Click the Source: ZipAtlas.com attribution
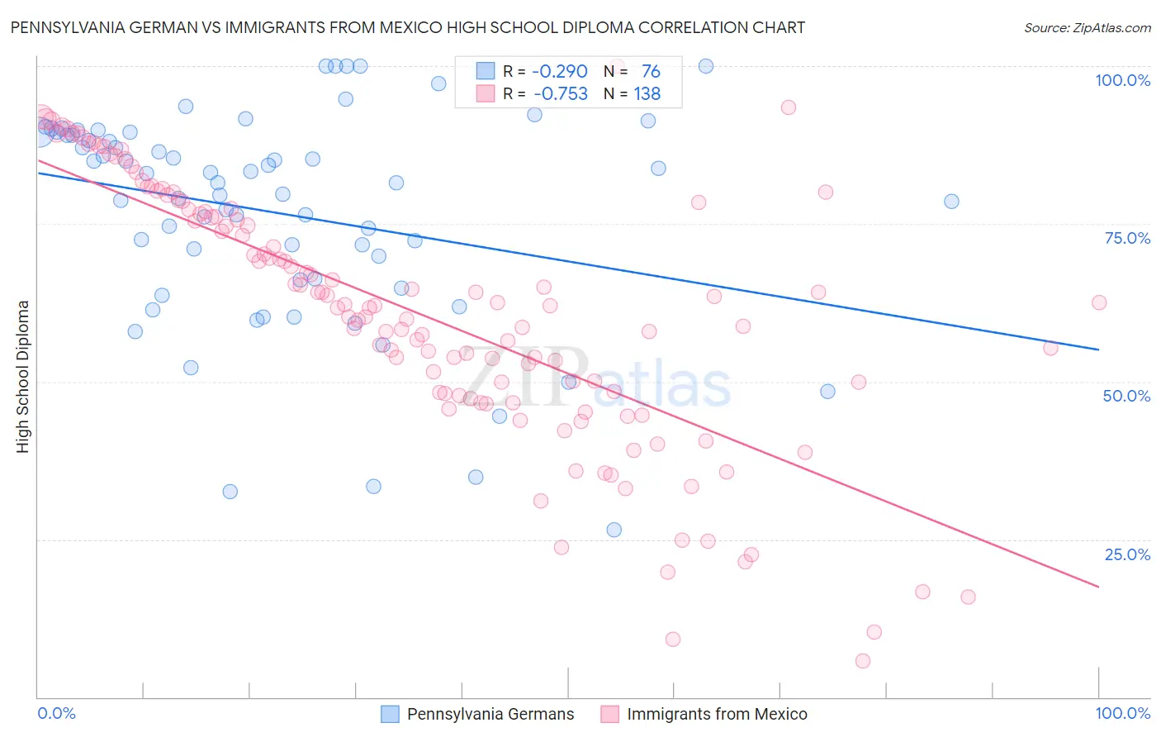pos(1087,27)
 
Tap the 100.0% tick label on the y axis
pos(1122,80)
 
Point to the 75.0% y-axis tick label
pos(1127,238)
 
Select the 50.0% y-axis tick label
pos(1126,396)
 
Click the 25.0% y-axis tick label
pos(1127,554)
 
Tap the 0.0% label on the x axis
pos(57,713)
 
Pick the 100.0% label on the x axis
pos(1122,713)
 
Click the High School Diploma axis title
pos(23,376)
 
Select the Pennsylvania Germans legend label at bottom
pos(490,714)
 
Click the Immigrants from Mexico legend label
pos(717,714)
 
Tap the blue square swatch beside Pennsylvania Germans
pos(390,714)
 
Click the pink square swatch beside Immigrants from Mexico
pos(609,714)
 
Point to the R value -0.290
pos(559,72)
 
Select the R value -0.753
pos(560,94)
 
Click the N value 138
pos(647,94)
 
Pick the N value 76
pos(651,72)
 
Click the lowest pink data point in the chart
pos(863,661)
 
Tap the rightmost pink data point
pos(1099,302)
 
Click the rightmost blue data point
pos(951,202)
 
